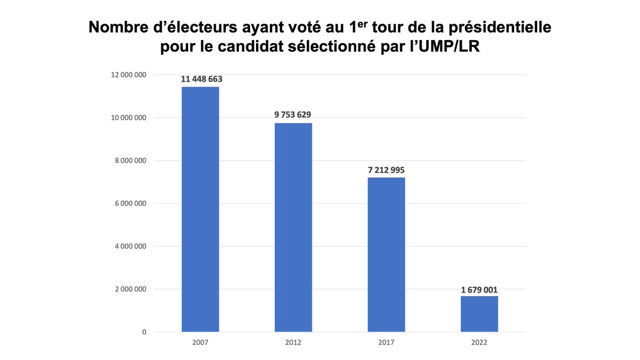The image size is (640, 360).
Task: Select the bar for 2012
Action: pos(293,227)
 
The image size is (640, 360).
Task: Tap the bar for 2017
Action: pos(386,254)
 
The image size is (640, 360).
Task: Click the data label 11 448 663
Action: pos(201,79)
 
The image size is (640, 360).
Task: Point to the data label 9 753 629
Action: pos(293,115)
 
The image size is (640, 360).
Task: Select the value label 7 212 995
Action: pos(386,170)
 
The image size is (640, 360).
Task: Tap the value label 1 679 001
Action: pos(479,290)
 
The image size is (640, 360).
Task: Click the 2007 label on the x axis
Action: pos(200,342)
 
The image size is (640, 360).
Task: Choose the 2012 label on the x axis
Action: pos(293,342)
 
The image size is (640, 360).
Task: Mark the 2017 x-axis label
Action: pos(386,342)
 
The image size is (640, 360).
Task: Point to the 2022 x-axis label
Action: pos(479,342)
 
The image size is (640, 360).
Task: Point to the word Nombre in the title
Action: pos(115,27)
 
